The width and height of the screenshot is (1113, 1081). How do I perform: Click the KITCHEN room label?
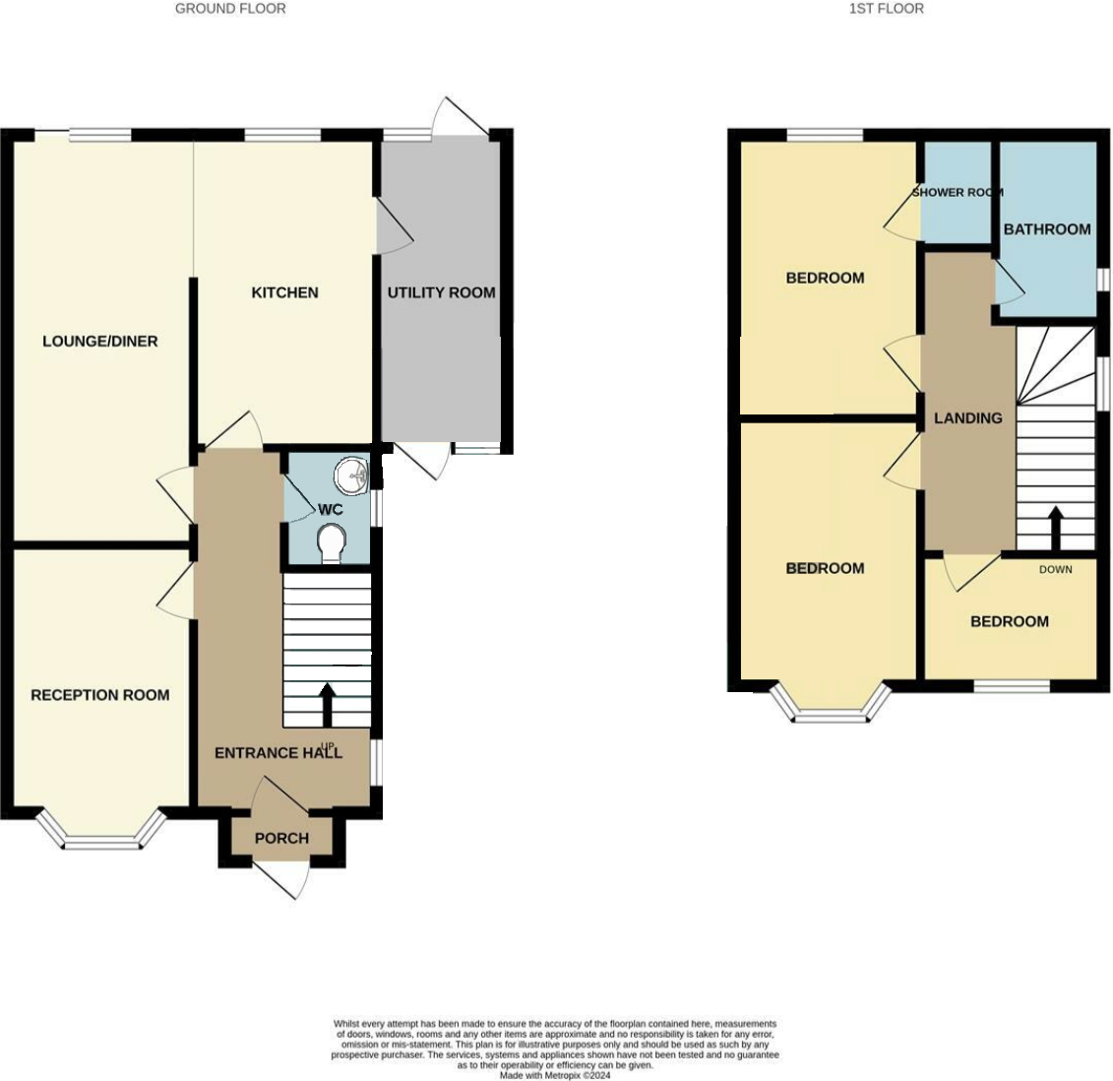click(284, 292)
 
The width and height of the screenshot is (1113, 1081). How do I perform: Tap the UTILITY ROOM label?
click(441, 292)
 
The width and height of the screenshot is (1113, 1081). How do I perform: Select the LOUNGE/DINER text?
click(99, 342)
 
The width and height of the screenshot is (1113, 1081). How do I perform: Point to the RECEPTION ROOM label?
click(99, 695)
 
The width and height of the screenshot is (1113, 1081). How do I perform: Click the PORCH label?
click(281, 838)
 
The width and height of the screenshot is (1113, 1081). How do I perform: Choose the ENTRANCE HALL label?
click(278, 753)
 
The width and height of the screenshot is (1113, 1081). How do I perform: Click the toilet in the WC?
click(333, 542)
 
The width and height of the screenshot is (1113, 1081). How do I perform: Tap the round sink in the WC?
click(351, 477)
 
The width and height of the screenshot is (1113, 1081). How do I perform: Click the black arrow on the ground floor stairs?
click(327, 704)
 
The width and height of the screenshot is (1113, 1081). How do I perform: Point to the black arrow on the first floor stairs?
click(1055, 528)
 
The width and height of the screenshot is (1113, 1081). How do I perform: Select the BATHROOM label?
click(1047, 229)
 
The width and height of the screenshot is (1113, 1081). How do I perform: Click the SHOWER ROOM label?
click(957, 192)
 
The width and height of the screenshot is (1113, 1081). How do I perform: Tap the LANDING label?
click(967, 418)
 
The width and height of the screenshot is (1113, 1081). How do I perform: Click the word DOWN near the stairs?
click(1055, 569)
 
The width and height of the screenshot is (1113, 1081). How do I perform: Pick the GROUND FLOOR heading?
click(230, 9)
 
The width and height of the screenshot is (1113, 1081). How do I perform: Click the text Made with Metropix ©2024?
click(555, 1075)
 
